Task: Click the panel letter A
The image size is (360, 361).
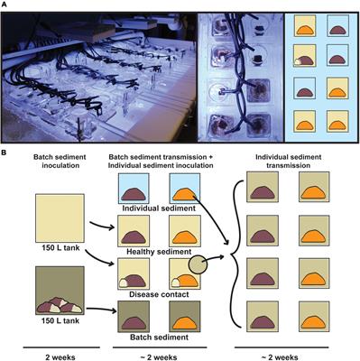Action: click(x=7, y=6)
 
